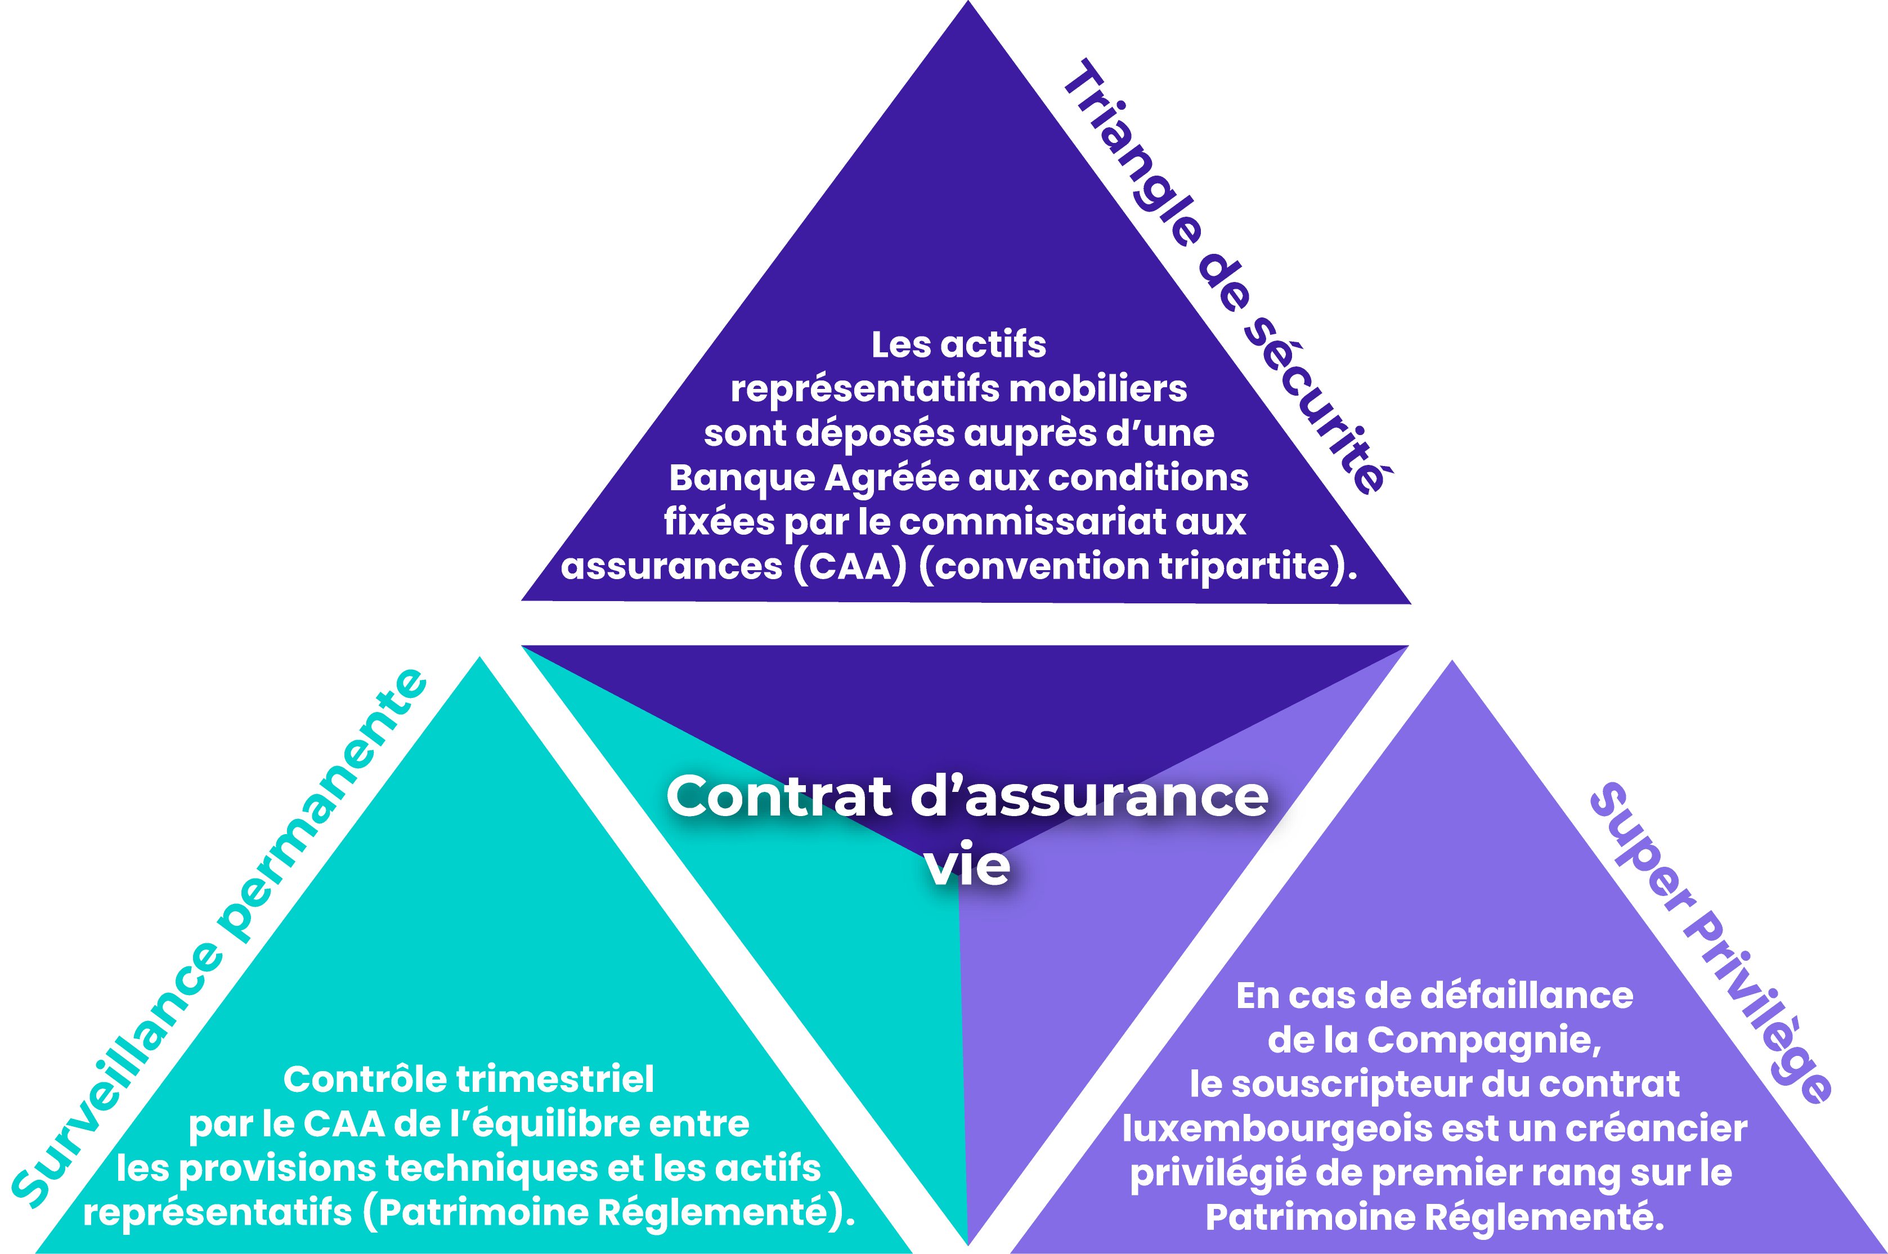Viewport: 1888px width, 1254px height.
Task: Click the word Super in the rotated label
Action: pyautogui.click(x=1643, y=848)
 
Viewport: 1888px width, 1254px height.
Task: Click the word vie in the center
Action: pyautogui.click(x=967, y=865)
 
